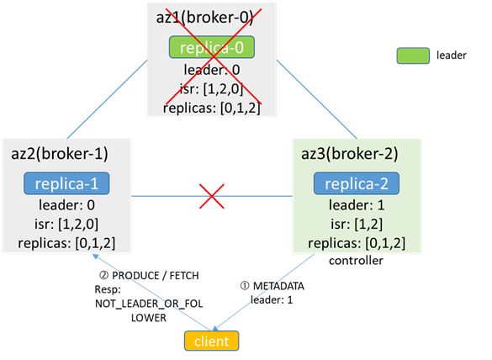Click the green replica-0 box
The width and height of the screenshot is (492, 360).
tap(212, 47)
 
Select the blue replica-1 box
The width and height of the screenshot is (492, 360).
tap(66, 183)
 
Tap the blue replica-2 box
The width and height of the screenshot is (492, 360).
tap(357, 183)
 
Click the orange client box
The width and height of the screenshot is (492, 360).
tap(211, 341)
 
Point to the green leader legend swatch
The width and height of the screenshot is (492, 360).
tap(413, 56)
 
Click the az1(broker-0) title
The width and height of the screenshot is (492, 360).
tap(205, 18)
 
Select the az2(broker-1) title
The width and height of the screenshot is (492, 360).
tap(60, 154)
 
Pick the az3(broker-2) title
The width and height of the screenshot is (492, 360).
tap(350, 154)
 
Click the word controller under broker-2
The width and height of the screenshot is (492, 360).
tap(356, 261)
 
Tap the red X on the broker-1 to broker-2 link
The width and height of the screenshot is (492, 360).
tap(212, 197)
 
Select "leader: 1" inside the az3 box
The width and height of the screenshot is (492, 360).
tap(357, 205)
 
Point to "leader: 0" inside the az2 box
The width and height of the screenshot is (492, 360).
tap(66, 205)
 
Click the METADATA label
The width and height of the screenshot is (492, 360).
tap(278, 286)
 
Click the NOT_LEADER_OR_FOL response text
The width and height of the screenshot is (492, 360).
tap(149, 304)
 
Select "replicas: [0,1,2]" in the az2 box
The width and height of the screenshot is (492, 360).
tap(66, 243)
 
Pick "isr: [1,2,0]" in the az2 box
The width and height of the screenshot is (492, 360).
tap(66, 224)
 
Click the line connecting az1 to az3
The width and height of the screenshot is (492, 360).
tap(317, 99)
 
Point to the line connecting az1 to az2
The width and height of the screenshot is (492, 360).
tap(108, 99)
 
